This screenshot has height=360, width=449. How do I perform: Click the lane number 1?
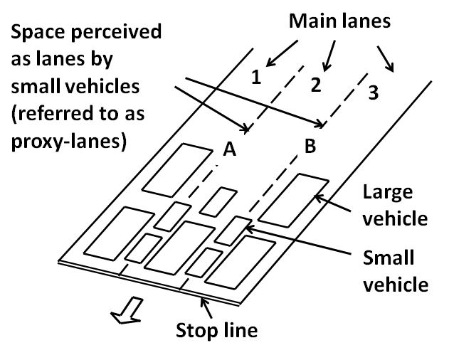[x=258, y=75]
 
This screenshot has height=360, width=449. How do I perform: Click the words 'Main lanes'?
[x=339, y=20]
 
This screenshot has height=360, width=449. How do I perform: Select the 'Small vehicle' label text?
[x=395, y=270]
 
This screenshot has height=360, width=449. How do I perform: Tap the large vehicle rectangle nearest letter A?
[x=172, y=169]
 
